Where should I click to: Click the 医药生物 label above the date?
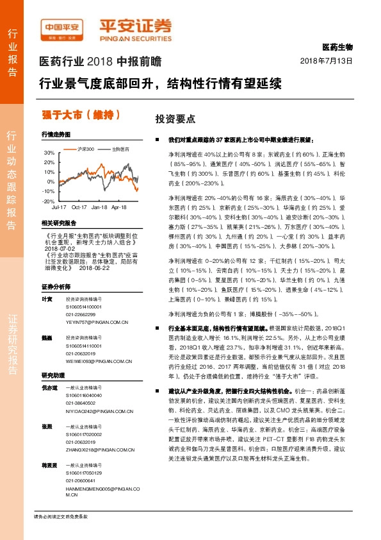click(x=337, y=47)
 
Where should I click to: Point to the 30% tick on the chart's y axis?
click(x=49, y=153)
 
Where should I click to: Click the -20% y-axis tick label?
click(x=49, y=201)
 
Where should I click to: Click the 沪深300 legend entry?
click(x=83, y=149)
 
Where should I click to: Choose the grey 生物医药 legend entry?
click(x=117, y=149)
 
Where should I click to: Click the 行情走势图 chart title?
click(x=54, y=135)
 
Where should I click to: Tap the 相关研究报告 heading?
click(x=58, y=223)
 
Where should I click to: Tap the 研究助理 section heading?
click(x=54, y=375)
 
